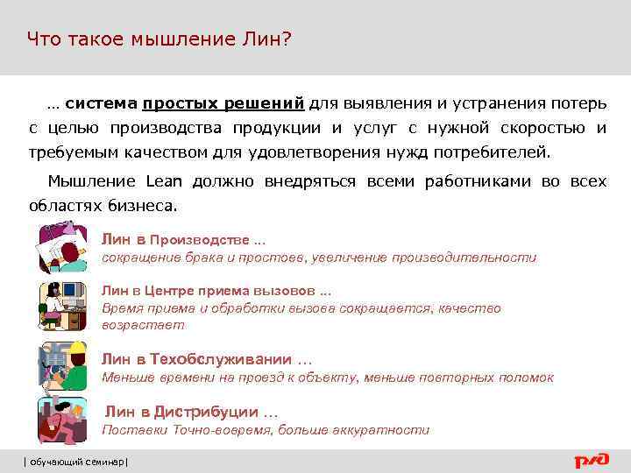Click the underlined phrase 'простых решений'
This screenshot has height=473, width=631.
(224, 104)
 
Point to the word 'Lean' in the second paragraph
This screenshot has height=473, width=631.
(163, 182)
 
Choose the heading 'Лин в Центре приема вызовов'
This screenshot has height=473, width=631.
(216, 291)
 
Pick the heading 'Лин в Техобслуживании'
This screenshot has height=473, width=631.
(206, 359)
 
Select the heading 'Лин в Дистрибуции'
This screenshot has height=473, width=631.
(190, 412)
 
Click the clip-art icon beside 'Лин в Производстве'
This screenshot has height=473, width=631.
(61, 248)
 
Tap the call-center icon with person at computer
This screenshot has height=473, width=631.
(61, 306)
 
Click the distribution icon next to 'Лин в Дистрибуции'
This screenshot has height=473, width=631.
(61, 418)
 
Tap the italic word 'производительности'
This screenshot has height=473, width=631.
(464, 258)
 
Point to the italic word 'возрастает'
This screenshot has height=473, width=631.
(144, 325)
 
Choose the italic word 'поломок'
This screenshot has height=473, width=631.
(526, 378)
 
